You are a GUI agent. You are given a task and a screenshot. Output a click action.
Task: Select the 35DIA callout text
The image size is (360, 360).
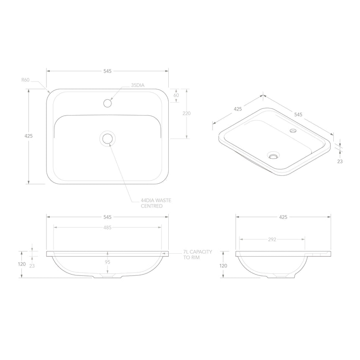[x=137, y=85]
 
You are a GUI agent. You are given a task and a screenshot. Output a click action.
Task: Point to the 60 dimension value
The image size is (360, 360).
[x=176, y=95]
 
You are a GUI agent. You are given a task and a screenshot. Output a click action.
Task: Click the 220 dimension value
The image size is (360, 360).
[x=187, y=113]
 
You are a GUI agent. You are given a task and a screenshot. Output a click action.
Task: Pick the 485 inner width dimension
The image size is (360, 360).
[x=107, y=228]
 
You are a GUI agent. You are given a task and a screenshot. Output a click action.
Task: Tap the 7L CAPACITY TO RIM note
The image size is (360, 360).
[x=197, y=255]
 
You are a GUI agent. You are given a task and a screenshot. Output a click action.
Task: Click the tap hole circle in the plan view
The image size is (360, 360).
[x=108, y=102]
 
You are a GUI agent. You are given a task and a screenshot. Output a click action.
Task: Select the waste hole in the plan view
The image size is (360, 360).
[x=108, y=138]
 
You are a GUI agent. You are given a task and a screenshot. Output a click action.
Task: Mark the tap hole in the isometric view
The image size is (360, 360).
[x=293, y=131]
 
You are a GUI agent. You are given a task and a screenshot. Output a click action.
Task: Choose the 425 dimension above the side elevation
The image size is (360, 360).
[x=283, y=217]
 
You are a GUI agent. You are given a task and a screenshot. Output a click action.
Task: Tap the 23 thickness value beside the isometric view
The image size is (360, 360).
[x=339, y=161]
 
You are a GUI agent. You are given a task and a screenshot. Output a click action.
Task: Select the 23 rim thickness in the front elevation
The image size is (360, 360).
[x=32, y=265]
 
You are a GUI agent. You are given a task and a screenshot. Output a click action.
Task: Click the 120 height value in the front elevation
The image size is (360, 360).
[x=22, y=265]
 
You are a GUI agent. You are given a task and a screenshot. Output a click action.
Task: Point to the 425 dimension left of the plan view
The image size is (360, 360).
[x=28, y=136]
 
